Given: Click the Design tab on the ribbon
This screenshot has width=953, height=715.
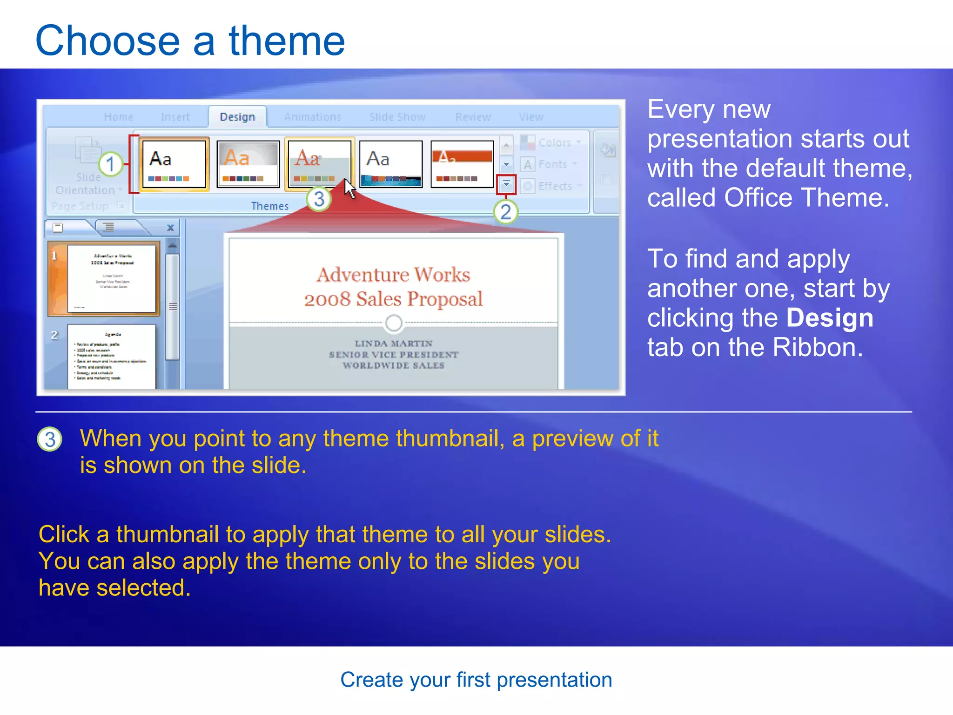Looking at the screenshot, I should coord(237,117).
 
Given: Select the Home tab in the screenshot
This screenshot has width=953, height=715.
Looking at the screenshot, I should coord(118,117).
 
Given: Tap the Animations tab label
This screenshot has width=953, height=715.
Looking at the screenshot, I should coord(312,117).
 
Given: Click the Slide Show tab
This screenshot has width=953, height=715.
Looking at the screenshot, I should coord(397,117).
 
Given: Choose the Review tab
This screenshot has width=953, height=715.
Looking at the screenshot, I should coord(473,117).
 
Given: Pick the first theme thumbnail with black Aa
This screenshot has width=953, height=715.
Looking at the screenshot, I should coord(173,164).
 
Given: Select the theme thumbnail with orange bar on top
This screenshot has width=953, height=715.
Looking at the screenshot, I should coord(462,164).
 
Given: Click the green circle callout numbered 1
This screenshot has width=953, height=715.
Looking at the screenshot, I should coord(110,164).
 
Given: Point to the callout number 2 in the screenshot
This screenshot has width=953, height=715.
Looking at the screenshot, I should coord(505,212).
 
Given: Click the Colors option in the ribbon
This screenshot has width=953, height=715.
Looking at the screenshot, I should coord(554,142).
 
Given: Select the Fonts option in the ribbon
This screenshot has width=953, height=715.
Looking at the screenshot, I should coord(552,164).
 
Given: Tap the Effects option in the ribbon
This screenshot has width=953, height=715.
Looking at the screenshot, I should coord(555,186).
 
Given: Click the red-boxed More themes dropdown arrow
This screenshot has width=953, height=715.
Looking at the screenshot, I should coord(506,184).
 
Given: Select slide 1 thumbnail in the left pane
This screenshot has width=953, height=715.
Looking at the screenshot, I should coord(111,278).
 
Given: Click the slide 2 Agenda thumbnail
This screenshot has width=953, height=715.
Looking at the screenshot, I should coord(111,356).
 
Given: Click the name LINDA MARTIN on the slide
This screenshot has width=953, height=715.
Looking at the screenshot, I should coord(393,344).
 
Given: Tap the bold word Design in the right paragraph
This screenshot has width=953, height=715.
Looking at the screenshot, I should coord(829,318).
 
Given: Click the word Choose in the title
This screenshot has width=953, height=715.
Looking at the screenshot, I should coord(107,41).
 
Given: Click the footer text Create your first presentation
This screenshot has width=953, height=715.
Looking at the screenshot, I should coord(476,680).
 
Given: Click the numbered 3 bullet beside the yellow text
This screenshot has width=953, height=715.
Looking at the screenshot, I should coord(50,439).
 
